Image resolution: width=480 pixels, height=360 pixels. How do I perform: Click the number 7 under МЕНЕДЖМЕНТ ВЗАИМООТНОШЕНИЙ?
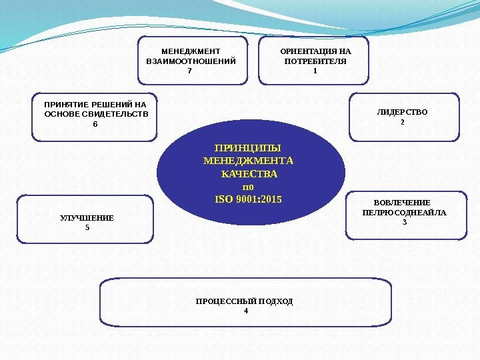190,71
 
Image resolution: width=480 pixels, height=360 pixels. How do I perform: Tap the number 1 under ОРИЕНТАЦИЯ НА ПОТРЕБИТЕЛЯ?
315,71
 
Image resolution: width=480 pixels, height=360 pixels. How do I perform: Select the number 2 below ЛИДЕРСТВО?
402,123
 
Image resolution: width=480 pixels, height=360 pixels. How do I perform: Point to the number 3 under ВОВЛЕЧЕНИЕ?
404,223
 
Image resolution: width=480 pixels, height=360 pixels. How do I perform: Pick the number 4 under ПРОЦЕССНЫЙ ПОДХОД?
245,311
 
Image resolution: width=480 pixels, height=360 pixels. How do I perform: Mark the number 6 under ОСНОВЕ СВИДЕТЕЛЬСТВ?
95,125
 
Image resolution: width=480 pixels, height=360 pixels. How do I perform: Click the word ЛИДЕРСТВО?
402,112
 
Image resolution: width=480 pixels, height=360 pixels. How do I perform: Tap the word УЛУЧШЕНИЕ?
87,218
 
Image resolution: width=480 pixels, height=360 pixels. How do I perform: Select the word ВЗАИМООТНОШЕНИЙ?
191,61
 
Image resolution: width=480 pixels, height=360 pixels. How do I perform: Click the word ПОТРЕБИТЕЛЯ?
315,61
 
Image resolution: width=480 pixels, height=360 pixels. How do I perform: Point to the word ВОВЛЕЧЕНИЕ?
402,203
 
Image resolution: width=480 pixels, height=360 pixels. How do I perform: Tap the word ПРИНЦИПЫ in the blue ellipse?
248,148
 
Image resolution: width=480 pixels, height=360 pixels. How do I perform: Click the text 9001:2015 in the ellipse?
257,199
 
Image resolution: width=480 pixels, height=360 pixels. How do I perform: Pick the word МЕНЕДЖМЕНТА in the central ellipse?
248,161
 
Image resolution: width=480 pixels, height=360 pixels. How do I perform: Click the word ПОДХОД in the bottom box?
273,301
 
